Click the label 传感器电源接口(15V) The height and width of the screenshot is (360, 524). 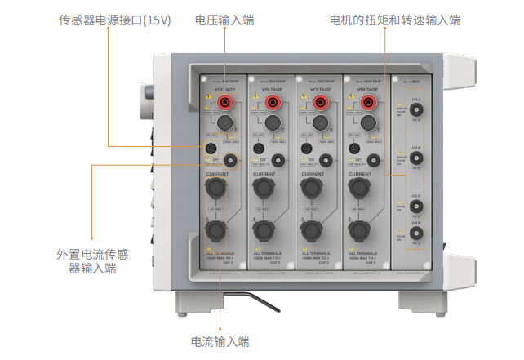tap(115, 19)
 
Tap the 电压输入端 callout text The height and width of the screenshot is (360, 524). tap(224, 19)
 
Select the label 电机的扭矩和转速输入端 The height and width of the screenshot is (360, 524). tap(394, 19)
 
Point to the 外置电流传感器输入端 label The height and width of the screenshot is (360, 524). tap(92, 260)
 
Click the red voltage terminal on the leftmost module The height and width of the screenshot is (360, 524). tap(222, 101)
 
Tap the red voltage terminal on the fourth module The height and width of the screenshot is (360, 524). tap(368, 101)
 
